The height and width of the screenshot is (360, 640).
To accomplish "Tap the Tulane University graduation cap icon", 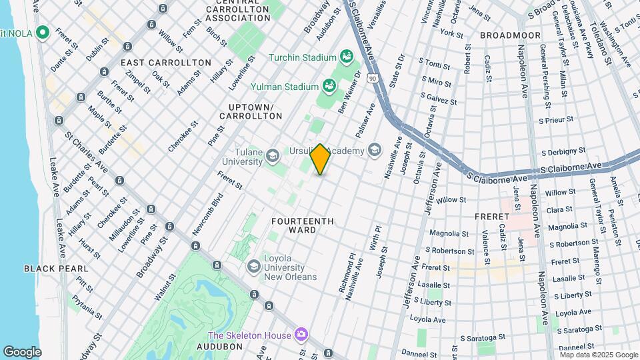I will click(272, 157).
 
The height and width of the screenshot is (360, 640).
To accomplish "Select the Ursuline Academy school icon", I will click(373, 150).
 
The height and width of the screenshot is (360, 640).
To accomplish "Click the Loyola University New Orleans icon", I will click(253, 267).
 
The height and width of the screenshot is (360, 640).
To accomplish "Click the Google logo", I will click(22, 351).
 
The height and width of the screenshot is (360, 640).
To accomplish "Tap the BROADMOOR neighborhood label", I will click(504, 34).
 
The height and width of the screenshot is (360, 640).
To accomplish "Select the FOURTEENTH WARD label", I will click(293, 225).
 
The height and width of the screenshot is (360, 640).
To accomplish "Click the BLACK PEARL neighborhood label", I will click(56, 269).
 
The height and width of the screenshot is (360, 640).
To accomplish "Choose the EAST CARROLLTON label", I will click(166, 63).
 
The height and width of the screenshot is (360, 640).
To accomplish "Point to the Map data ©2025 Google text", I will click(597, 355).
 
